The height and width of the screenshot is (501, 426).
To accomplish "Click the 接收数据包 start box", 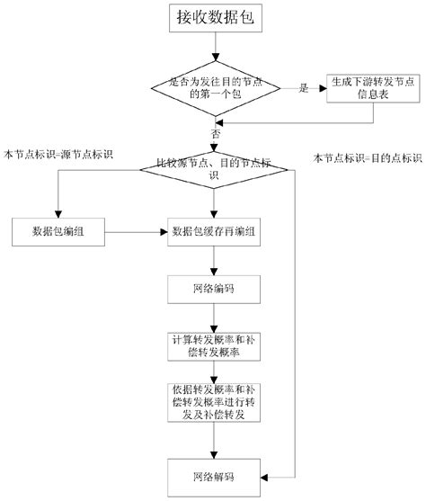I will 213,21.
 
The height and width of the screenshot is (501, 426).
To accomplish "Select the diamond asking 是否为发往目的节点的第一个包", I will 213,88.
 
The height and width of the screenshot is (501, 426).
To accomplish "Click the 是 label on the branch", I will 304,88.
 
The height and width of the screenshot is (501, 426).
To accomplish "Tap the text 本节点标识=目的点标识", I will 367,157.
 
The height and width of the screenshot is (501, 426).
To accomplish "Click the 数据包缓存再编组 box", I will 213,233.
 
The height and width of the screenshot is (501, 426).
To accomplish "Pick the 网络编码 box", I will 213,291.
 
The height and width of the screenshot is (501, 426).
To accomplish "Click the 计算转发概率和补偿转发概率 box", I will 213,346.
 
